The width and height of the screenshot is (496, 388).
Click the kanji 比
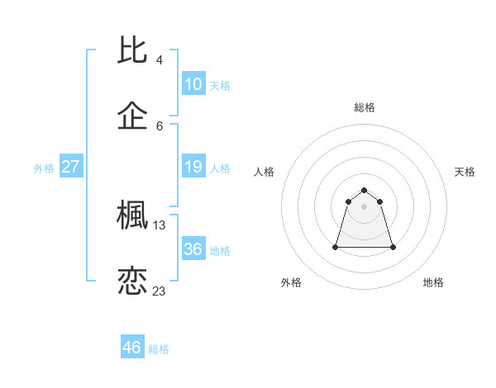point(133,51)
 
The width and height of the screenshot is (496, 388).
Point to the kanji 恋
point(133,281)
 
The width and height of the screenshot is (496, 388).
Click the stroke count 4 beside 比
point(160,60)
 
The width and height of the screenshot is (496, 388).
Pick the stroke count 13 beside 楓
point(160,225)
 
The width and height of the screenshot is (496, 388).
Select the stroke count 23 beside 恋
point(160,291)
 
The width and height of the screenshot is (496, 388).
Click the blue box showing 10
point(193,84)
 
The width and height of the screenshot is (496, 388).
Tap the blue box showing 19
point(193,167)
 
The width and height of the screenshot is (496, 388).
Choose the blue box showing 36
point(193,248)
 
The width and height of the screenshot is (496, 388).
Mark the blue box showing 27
point(70,167)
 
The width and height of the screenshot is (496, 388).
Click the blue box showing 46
point(131,348)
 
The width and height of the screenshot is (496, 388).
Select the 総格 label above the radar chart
point(365,107)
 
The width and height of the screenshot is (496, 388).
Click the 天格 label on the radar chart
point(465,172)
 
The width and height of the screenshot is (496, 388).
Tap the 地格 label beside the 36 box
point(220,250)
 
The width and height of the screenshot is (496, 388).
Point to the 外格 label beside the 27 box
point(44,168)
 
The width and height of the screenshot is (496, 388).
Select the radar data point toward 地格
point(393,247)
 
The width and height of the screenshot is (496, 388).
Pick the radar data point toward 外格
point(336,247)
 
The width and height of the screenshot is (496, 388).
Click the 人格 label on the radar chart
point(265,172)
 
